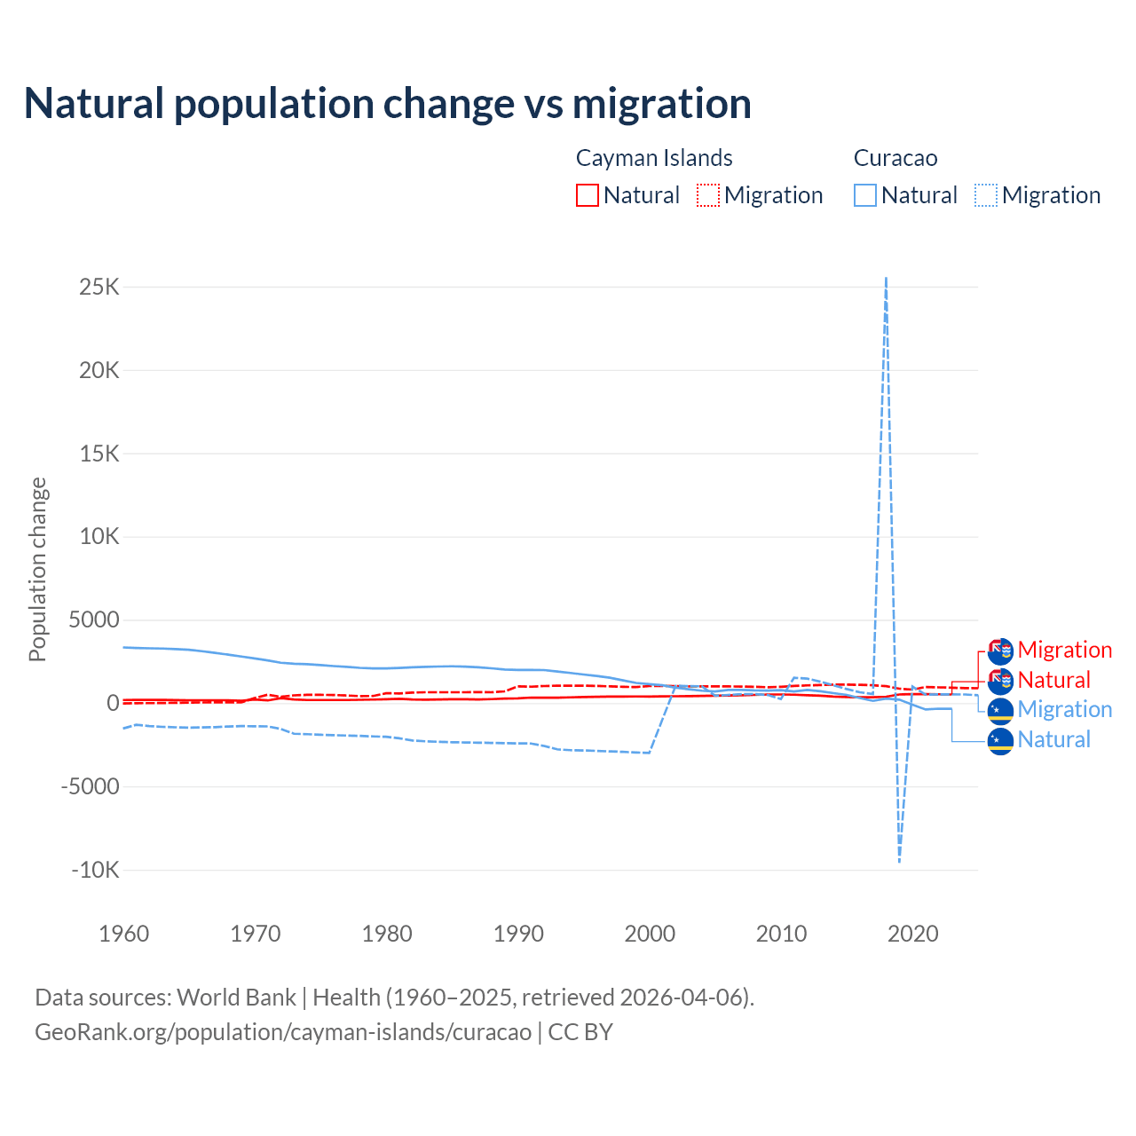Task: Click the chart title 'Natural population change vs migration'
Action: (387, 104)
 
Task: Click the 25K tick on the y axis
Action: (99, 288)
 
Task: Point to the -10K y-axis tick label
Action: (95, 870)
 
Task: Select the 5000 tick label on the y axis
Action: (94, 620)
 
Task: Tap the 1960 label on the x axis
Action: (124, 934)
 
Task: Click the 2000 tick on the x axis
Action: (650, 934)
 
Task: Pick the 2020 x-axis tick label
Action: (913, 934)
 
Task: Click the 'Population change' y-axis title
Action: (37, 569)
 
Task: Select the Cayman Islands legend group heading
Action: (654, 158)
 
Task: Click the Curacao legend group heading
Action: (895, 158)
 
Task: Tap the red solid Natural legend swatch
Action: (588, 195)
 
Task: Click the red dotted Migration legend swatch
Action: (708, 195)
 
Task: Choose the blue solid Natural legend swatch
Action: (865, 195)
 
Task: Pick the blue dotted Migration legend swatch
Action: (986, 195)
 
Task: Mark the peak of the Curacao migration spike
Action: (886, 279)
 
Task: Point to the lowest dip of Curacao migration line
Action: (899, 861)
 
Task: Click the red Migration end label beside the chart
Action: (1064, 650)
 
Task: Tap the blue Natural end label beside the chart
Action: (1053, 739)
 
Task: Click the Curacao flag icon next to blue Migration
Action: (1000, 710)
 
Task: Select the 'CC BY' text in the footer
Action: (580, 1032)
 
